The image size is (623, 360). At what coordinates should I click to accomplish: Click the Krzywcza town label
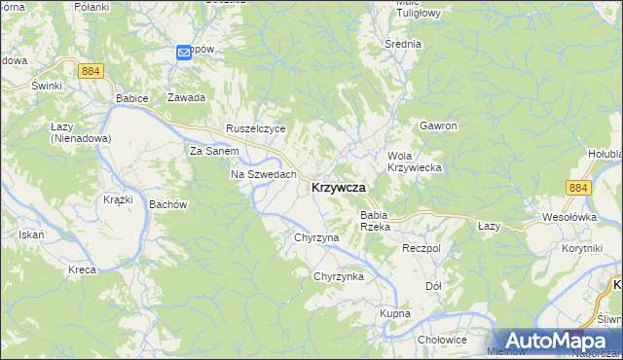(339, 188)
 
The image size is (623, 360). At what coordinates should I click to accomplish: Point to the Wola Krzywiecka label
(416, 162)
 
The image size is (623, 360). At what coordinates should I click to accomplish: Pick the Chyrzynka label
(338, 277)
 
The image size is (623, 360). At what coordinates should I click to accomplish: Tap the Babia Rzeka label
(375, 221)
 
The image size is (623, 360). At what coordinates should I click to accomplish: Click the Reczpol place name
(421, 249)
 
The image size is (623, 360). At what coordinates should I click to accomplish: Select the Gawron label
(438, 126)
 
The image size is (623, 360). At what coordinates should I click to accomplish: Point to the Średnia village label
(403, 44)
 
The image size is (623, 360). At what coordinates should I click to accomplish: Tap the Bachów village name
(167, 205)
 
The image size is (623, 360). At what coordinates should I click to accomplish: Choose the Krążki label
(118, 199)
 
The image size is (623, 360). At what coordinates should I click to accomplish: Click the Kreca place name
(82, 269)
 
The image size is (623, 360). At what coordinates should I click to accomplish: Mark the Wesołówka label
(568, 217)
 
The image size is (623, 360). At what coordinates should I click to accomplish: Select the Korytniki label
(581, 249)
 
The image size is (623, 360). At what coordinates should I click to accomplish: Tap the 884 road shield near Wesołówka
(578, 188)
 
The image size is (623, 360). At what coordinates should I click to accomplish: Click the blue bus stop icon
(185, 54)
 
